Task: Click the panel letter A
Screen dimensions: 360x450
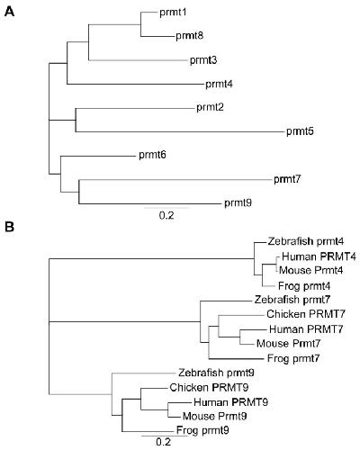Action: [10, 12]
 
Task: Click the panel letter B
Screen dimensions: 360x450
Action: [9, 227]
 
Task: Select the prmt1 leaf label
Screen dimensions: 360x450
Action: [173, 13]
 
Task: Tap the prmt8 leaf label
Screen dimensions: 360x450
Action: [190, 36]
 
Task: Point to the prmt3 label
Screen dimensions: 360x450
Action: [203, 60]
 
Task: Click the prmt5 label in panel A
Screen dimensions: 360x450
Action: [300, 131]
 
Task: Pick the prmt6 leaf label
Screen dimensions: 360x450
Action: [152, 156]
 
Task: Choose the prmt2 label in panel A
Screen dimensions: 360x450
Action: [210, 108]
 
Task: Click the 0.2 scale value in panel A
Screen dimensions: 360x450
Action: [166, 215]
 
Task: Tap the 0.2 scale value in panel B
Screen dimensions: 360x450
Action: [164, 442]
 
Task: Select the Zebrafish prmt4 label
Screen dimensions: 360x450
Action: [301, 241]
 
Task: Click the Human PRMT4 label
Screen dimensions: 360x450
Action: [319, 256]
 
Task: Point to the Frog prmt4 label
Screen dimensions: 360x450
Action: [304, 286]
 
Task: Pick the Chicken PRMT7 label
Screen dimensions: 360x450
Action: [306, 314]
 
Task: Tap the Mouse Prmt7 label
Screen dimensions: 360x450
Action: [289, 344]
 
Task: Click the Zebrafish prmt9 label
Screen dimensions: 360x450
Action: [216, 373]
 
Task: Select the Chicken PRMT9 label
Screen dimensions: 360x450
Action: [209, 388]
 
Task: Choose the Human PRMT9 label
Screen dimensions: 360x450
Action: [230, 402]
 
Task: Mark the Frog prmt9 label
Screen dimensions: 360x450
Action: [202, 431]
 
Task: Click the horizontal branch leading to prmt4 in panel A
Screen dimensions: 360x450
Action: [135, 84]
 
